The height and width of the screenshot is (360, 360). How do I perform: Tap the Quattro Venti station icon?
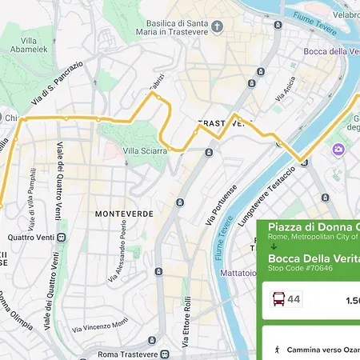(x=62, y=238)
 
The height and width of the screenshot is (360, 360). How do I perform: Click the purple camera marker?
(x=338, y=150)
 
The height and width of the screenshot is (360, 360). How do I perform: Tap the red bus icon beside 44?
(x=277, y=300)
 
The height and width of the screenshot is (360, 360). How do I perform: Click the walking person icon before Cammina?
(x=277, y=350)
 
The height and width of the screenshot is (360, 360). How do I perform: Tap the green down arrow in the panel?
(x=272, y=247)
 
